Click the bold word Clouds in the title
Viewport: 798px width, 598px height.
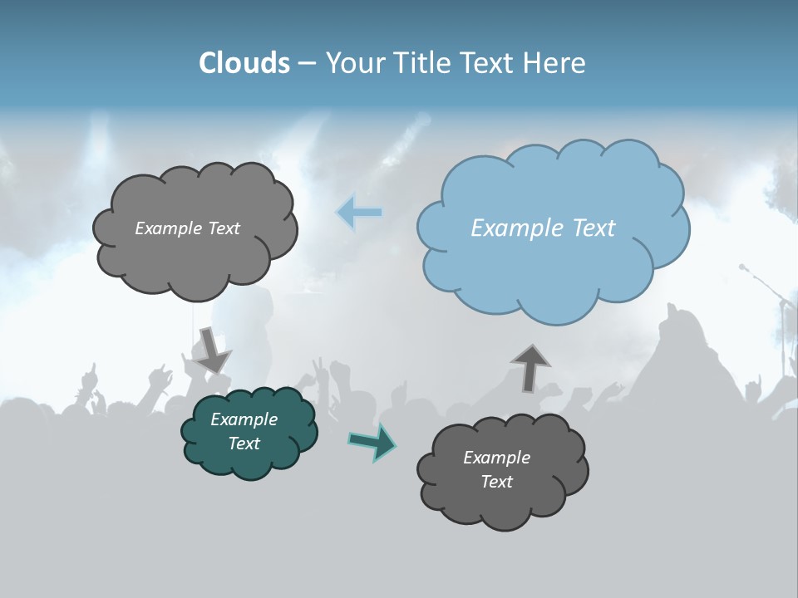coord(244,63)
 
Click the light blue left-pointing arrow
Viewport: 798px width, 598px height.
coord(359,213)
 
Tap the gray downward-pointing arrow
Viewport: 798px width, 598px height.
coord(211,350)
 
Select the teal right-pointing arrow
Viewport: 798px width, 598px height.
coord(372,441)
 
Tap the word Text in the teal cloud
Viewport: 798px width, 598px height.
coord(244,444)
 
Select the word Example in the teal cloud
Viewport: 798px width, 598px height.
coord(244,419)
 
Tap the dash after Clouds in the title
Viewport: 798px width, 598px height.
coord(307,63)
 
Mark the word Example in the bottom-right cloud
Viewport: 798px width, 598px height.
coord(496,458)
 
